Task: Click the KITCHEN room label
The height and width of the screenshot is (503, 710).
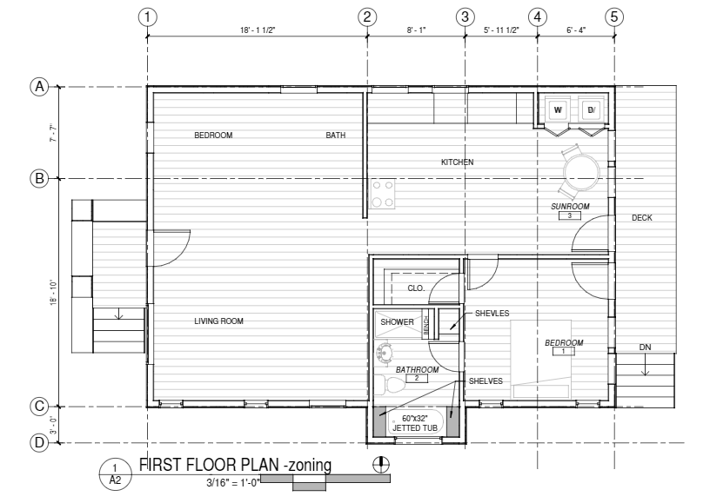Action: (458, 162)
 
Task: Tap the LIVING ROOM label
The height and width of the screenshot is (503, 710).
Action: (218, 321)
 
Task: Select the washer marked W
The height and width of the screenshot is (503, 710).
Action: (558, 109)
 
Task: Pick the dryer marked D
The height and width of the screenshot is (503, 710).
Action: (591, 109)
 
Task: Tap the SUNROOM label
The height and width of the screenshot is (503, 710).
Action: (570, 207)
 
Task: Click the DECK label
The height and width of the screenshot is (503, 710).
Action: (641, 218)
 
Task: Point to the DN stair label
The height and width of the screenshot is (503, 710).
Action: (645, 347)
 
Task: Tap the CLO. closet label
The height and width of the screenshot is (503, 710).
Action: (416, 288)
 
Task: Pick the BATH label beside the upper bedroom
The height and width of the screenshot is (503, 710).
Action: (336, 136)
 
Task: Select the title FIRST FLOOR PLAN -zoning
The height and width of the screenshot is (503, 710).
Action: (235, 465)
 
